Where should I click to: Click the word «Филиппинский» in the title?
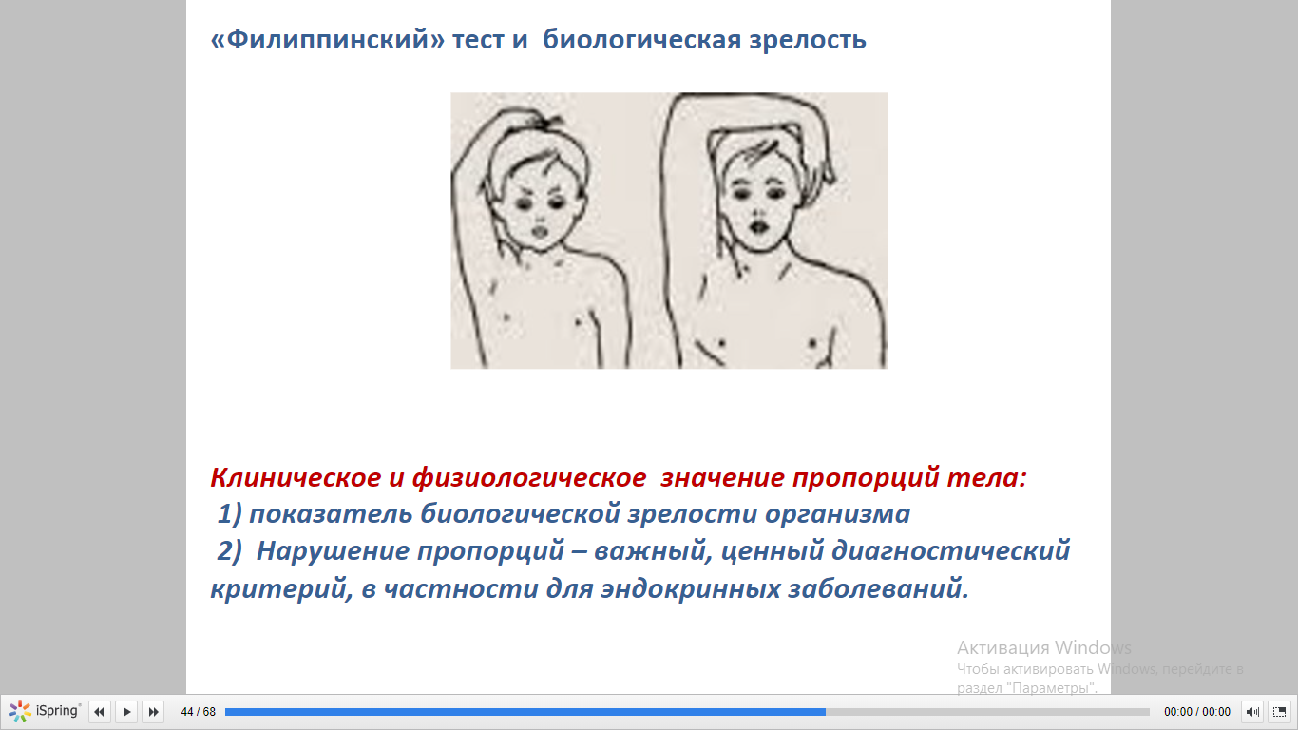(328, 40)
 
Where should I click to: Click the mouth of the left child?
(540, 231)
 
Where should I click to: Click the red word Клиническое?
(296, 478)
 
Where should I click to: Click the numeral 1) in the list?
(229, 514)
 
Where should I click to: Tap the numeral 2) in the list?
(229, 551)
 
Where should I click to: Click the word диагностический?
(951, 551)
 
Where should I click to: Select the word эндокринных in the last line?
(690, 589)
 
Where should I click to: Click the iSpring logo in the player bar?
(44, 711)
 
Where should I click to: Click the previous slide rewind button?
(99, 711)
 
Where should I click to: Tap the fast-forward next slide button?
(153, 711)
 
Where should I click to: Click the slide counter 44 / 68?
(199, 711)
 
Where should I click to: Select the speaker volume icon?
(1251, 711)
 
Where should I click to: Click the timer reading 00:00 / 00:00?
(1196, 711)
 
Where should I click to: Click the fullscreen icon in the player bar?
(1279, 711)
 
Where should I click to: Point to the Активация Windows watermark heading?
(1043, 647)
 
